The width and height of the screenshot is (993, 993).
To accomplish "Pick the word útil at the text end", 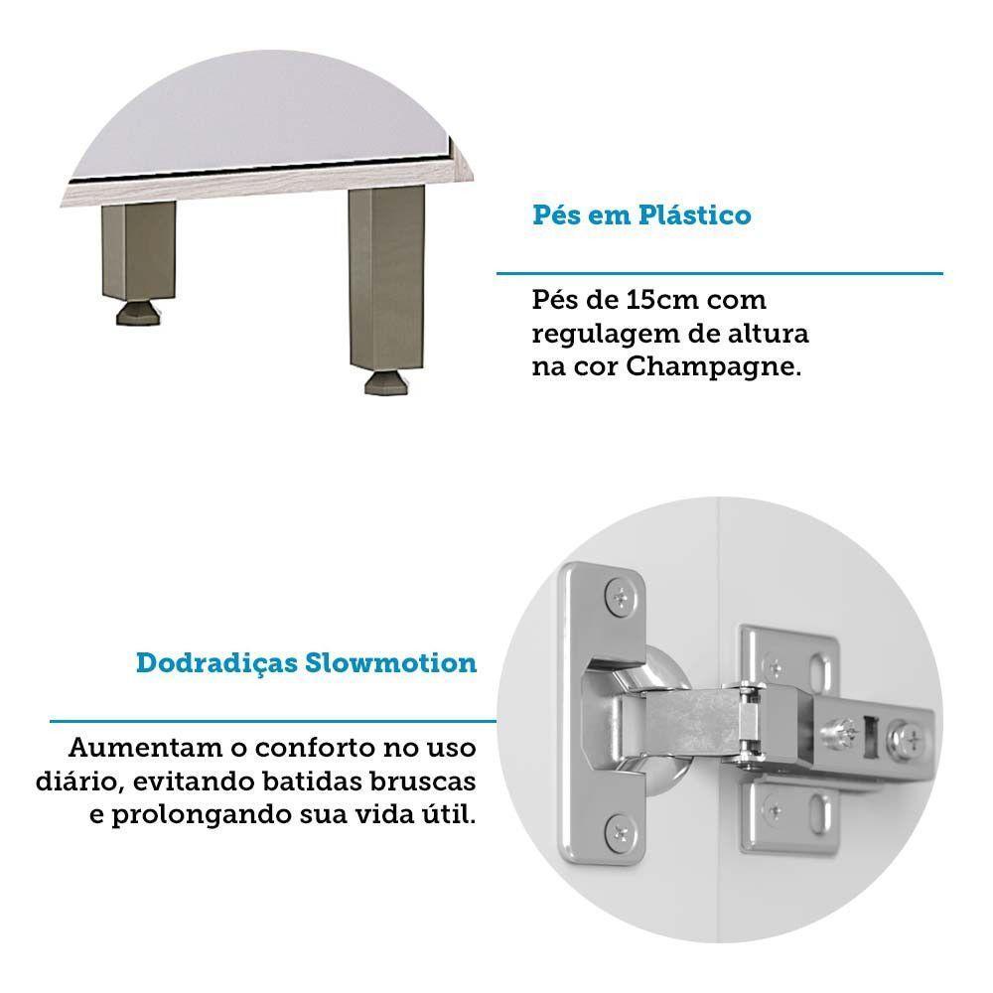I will [449, 813].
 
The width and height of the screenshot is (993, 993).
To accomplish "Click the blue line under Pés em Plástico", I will [719, 272].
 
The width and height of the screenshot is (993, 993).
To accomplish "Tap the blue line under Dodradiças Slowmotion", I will [273, 720].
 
